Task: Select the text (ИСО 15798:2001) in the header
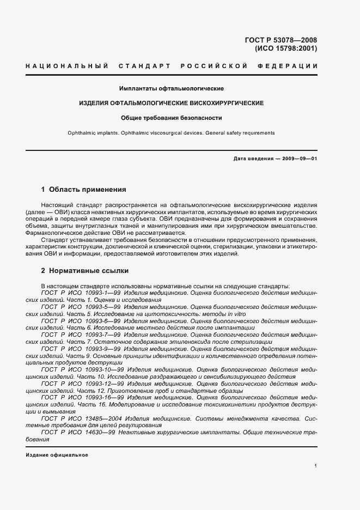pos(286,48)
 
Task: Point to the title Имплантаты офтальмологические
pos(172,88)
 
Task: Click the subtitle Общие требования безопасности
pos(172,118)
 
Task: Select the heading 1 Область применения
pos(84,190)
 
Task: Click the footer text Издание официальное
pos(57,455)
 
